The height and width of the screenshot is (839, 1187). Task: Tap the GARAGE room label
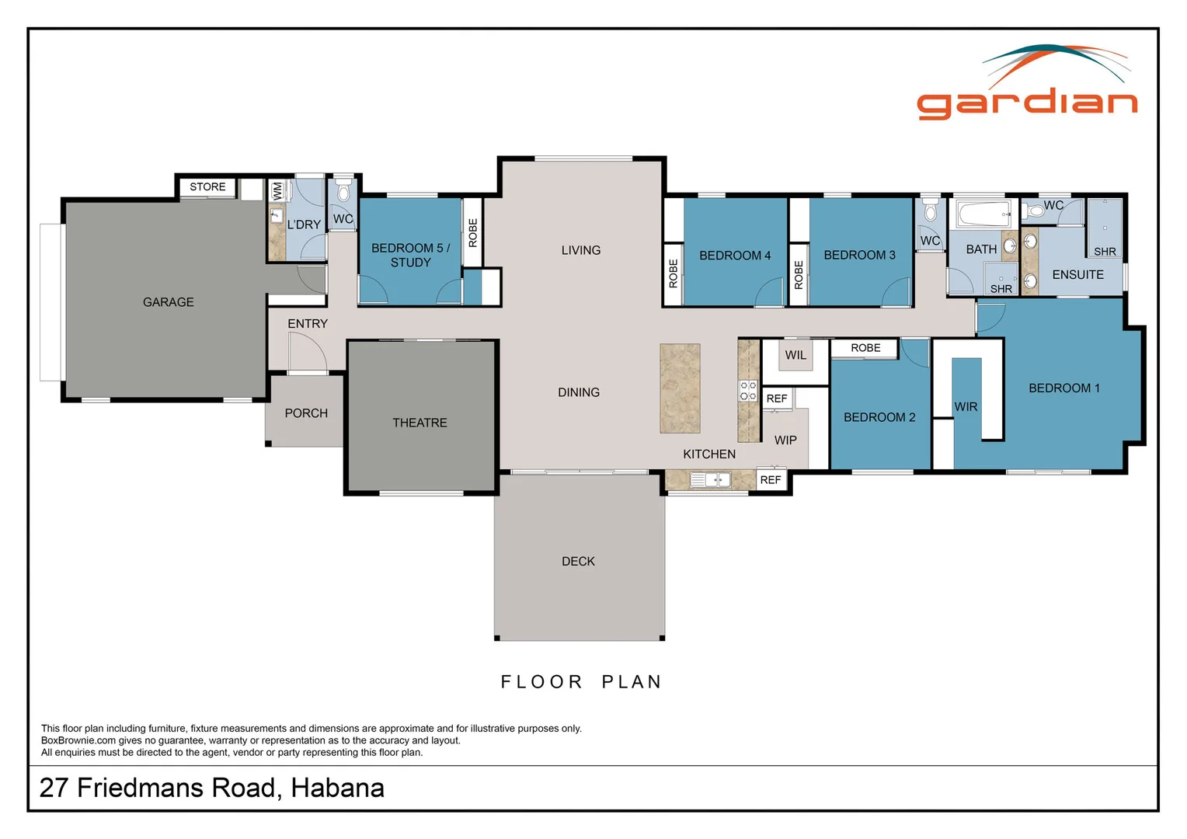[168, 302]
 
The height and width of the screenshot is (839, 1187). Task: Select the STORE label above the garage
[207, 187]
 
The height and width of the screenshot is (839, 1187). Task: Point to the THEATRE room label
[419, 423]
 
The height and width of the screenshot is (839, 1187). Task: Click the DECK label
[578, 561]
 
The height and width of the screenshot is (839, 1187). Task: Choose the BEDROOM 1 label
[1063, 388]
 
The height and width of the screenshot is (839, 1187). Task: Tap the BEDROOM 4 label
[735, 256]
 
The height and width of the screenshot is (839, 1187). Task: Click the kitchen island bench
[680, 388]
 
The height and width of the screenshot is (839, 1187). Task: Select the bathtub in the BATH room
[983, 214]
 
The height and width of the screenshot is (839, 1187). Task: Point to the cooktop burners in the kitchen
[747, 391]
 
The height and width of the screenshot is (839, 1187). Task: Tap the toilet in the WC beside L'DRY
[343, 192]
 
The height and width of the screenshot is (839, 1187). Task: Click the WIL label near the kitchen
[795, 356]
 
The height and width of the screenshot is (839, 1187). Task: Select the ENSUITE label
[1077, 275]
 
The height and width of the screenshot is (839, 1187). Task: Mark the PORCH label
[306, 413]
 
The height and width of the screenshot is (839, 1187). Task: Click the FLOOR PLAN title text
[581, 682]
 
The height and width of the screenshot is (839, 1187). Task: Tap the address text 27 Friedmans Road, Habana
[212, 788]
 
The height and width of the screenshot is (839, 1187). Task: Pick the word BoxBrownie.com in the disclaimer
[78, 740]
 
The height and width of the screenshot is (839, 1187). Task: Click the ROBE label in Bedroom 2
[865, 348]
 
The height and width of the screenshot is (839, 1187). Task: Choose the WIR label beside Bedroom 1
[966, 407]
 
